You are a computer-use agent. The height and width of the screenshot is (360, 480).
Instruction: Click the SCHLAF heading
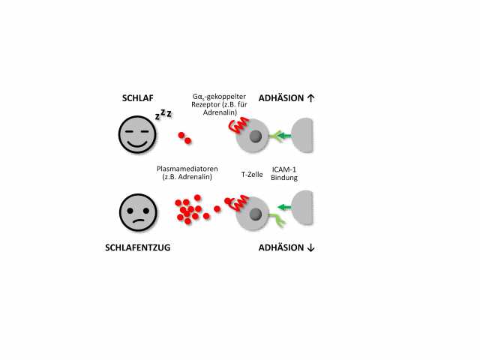coord(138,98)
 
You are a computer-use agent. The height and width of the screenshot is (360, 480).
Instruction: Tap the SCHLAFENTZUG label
coord(138,247)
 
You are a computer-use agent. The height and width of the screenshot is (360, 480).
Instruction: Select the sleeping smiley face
coord(137,134)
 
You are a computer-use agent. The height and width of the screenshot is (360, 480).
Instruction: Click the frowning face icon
coord(138,212)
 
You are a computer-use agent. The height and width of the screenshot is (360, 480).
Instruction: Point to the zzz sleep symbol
coord(163,114)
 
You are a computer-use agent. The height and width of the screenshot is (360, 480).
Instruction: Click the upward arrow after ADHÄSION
coord(310,98)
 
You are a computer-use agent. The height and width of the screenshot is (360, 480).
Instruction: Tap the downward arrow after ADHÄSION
coord(310,247)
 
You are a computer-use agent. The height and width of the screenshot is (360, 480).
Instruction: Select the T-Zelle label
coord(252,175)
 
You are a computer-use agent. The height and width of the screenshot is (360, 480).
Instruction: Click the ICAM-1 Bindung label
coord(284,173)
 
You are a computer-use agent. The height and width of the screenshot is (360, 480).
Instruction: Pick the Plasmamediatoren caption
coord(187,172)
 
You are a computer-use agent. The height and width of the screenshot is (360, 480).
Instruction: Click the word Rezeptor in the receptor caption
coord(203,104)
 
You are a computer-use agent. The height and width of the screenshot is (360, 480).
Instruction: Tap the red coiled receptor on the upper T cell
coord(238,125)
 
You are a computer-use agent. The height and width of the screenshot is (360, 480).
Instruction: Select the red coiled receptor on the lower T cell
coord(239,202)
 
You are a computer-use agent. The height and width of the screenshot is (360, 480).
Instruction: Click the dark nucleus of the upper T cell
coord(256,136)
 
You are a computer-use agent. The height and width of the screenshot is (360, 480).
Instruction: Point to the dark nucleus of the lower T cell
coord(256,214)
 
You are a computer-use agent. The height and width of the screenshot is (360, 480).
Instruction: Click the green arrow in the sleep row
coord(285,135)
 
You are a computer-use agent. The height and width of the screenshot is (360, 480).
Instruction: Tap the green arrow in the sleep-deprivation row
coord(285,207)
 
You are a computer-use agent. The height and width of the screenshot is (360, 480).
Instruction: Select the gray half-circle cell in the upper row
coord(302,135)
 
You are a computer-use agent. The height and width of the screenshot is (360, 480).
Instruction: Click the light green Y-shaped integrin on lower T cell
coord(277,220)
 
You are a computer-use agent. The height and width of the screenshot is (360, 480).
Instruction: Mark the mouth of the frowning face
coord(138,220)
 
